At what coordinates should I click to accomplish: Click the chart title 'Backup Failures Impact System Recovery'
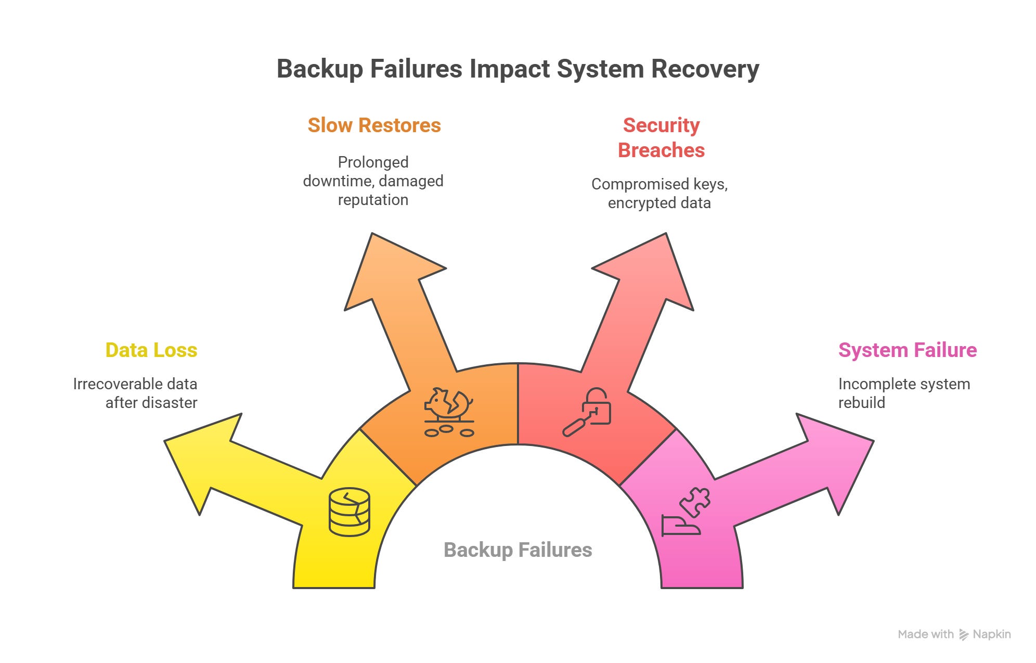[x=517, y=69]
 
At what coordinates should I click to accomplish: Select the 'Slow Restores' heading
[x=374, y=125]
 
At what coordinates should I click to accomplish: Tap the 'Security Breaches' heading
[x=661, y=137]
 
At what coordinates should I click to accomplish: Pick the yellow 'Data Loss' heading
[x=151, y=350]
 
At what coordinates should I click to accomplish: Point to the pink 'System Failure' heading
[x=907, y=350]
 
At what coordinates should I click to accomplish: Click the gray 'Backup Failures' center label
[x=517, y=550]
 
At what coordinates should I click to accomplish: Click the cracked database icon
[x=349, y=512]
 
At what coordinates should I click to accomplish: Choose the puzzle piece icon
[x=696, y=501]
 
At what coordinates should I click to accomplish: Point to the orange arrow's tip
[x=372, y=235]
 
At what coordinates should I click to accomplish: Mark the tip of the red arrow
[x=665, y=235]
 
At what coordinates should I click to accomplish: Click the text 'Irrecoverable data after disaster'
[x=135, y=393]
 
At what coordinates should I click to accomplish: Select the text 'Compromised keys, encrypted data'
[x=659, y=193]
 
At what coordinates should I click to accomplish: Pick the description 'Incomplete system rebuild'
[x=904, y=393]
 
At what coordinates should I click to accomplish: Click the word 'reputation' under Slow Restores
[x=373, y=200]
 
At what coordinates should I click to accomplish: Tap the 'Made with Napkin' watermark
[x=954, y=634]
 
